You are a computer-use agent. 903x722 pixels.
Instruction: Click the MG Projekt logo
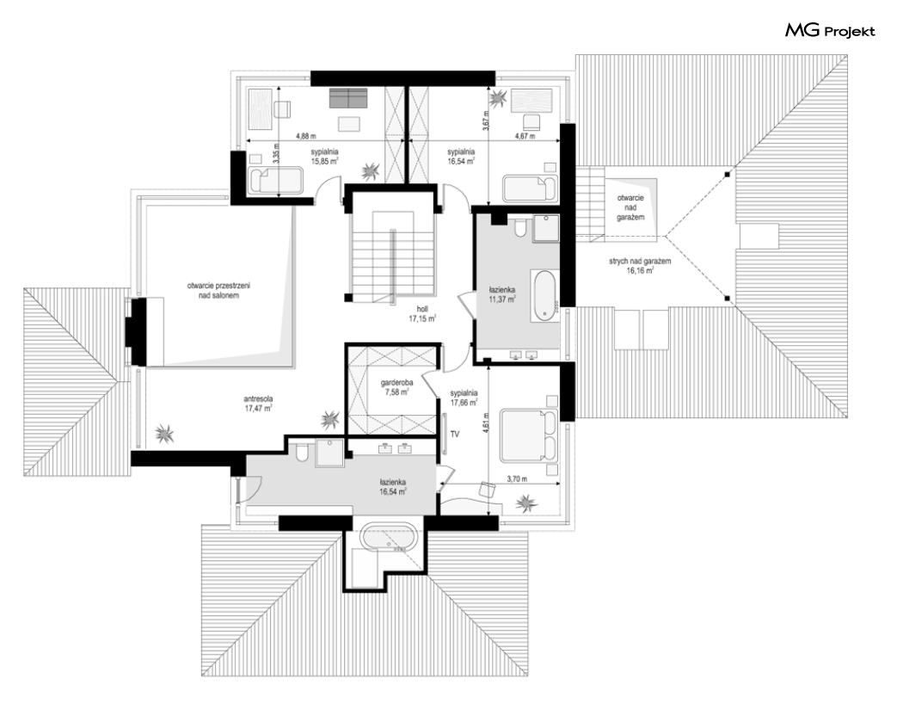830,30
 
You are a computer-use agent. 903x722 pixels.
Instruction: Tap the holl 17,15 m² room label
422,314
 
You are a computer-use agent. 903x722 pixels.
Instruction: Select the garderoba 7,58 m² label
396,387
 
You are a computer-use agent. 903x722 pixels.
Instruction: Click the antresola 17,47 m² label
258,404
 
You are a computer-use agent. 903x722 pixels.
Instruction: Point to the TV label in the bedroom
455,435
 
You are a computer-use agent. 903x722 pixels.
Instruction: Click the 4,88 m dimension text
306,137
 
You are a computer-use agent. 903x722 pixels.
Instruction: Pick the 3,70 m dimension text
517,478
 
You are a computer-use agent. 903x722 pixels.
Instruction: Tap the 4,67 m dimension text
525,137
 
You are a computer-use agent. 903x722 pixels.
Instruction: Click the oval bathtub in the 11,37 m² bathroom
544,296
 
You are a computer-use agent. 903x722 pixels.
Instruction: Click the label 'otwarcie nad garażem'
630,207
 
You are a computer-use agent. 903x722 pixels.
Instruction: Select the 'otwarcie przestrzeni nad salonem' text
218,290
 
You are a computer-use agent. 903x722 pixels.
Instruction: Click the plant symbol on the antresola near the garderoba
330,419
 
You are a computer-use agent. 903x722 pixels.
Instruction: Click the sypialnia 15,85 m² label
324,157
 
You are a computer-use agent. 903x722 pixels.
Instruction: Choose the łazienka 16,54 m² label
393,487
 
